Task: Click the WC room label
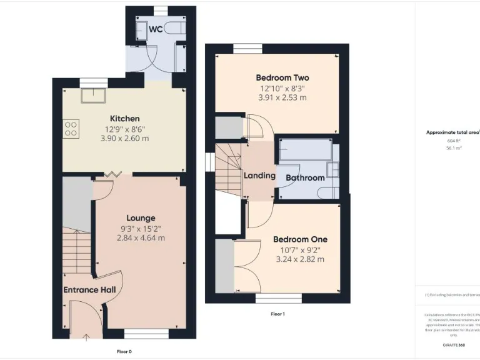[156, 29]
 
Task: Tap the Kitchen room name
[125, 119]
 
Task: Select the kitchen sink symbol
[96, 94]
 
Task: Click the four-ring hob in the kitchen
[71, 128]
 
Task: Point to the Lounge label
[141, 218]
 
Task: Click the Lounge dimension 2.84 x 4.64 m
[141, 237]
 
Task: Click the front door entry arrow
[86, 338]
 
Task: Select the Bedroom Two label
[282, 78]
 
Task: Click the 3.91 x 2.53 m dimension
[282, 97]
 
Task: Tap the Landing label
[259, 176]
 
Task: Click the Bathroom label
[305, 178]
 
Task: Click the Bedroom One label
[300, 239]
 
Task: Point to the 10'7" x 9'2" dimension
[300, 249]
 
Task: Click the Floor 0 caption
[124, 351]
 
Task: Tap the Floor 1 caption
[277, 314]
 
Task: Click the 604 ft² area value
[449, 141]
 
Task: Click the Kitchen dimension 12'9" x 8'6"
[125, 129]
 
